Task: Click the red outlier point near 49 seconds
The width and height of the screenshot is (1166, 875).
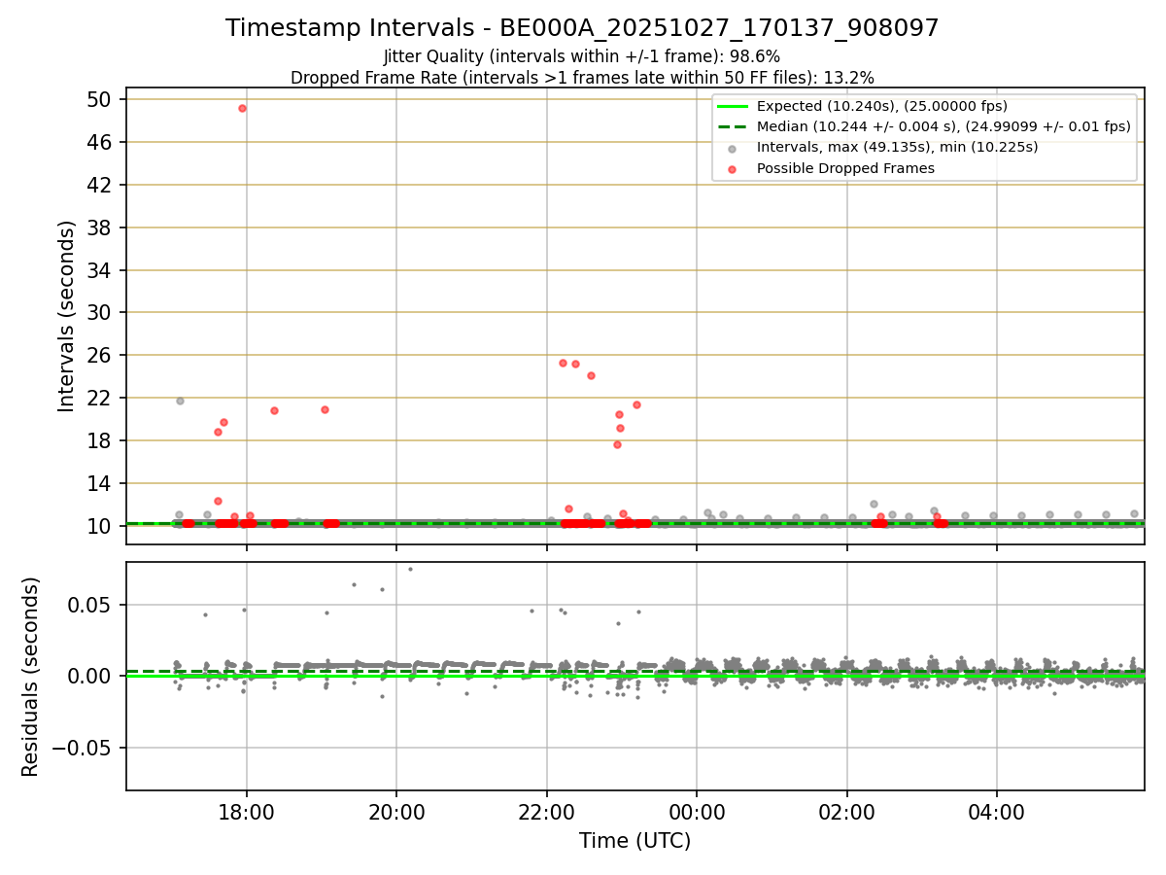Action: pyautogui.click(x=242, y=108)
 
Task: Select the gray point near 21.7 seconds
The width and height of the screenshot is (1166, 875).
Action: pyautogui.click(x=180, y=401)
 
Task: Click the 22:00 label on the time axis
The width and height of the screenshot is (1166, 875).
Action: pyautogui.click(x=547, y=811)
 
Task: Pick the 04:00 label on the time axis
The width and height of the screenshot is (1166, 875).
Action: pyautogui.click(x=997, y=811)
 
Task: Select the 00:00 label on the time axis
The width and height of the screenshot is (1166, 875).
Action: pyautogui.click(x=697, y=811)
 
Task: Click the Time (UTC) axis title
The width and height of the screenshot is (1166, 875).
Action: pyautogui.click(x=634, y=841)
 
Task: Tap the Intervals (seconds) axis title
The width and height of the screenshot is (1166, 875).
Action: pyautogui.click(x=66, y=316)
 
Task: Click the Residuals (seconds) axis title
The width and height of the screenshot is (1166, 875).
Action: pyautogui.click(x=31, y=677)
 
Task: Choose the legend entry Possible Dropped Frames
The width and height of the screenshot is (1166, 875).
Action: pyautogui.click(x=845, y=168)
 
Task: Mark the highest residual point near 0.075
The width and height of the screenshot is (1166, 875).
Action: pyautogui.click(x=410, y=569)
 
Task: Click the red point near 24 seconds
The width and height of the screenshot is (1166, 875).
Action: pyautogui.click(x=591, y=375)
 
